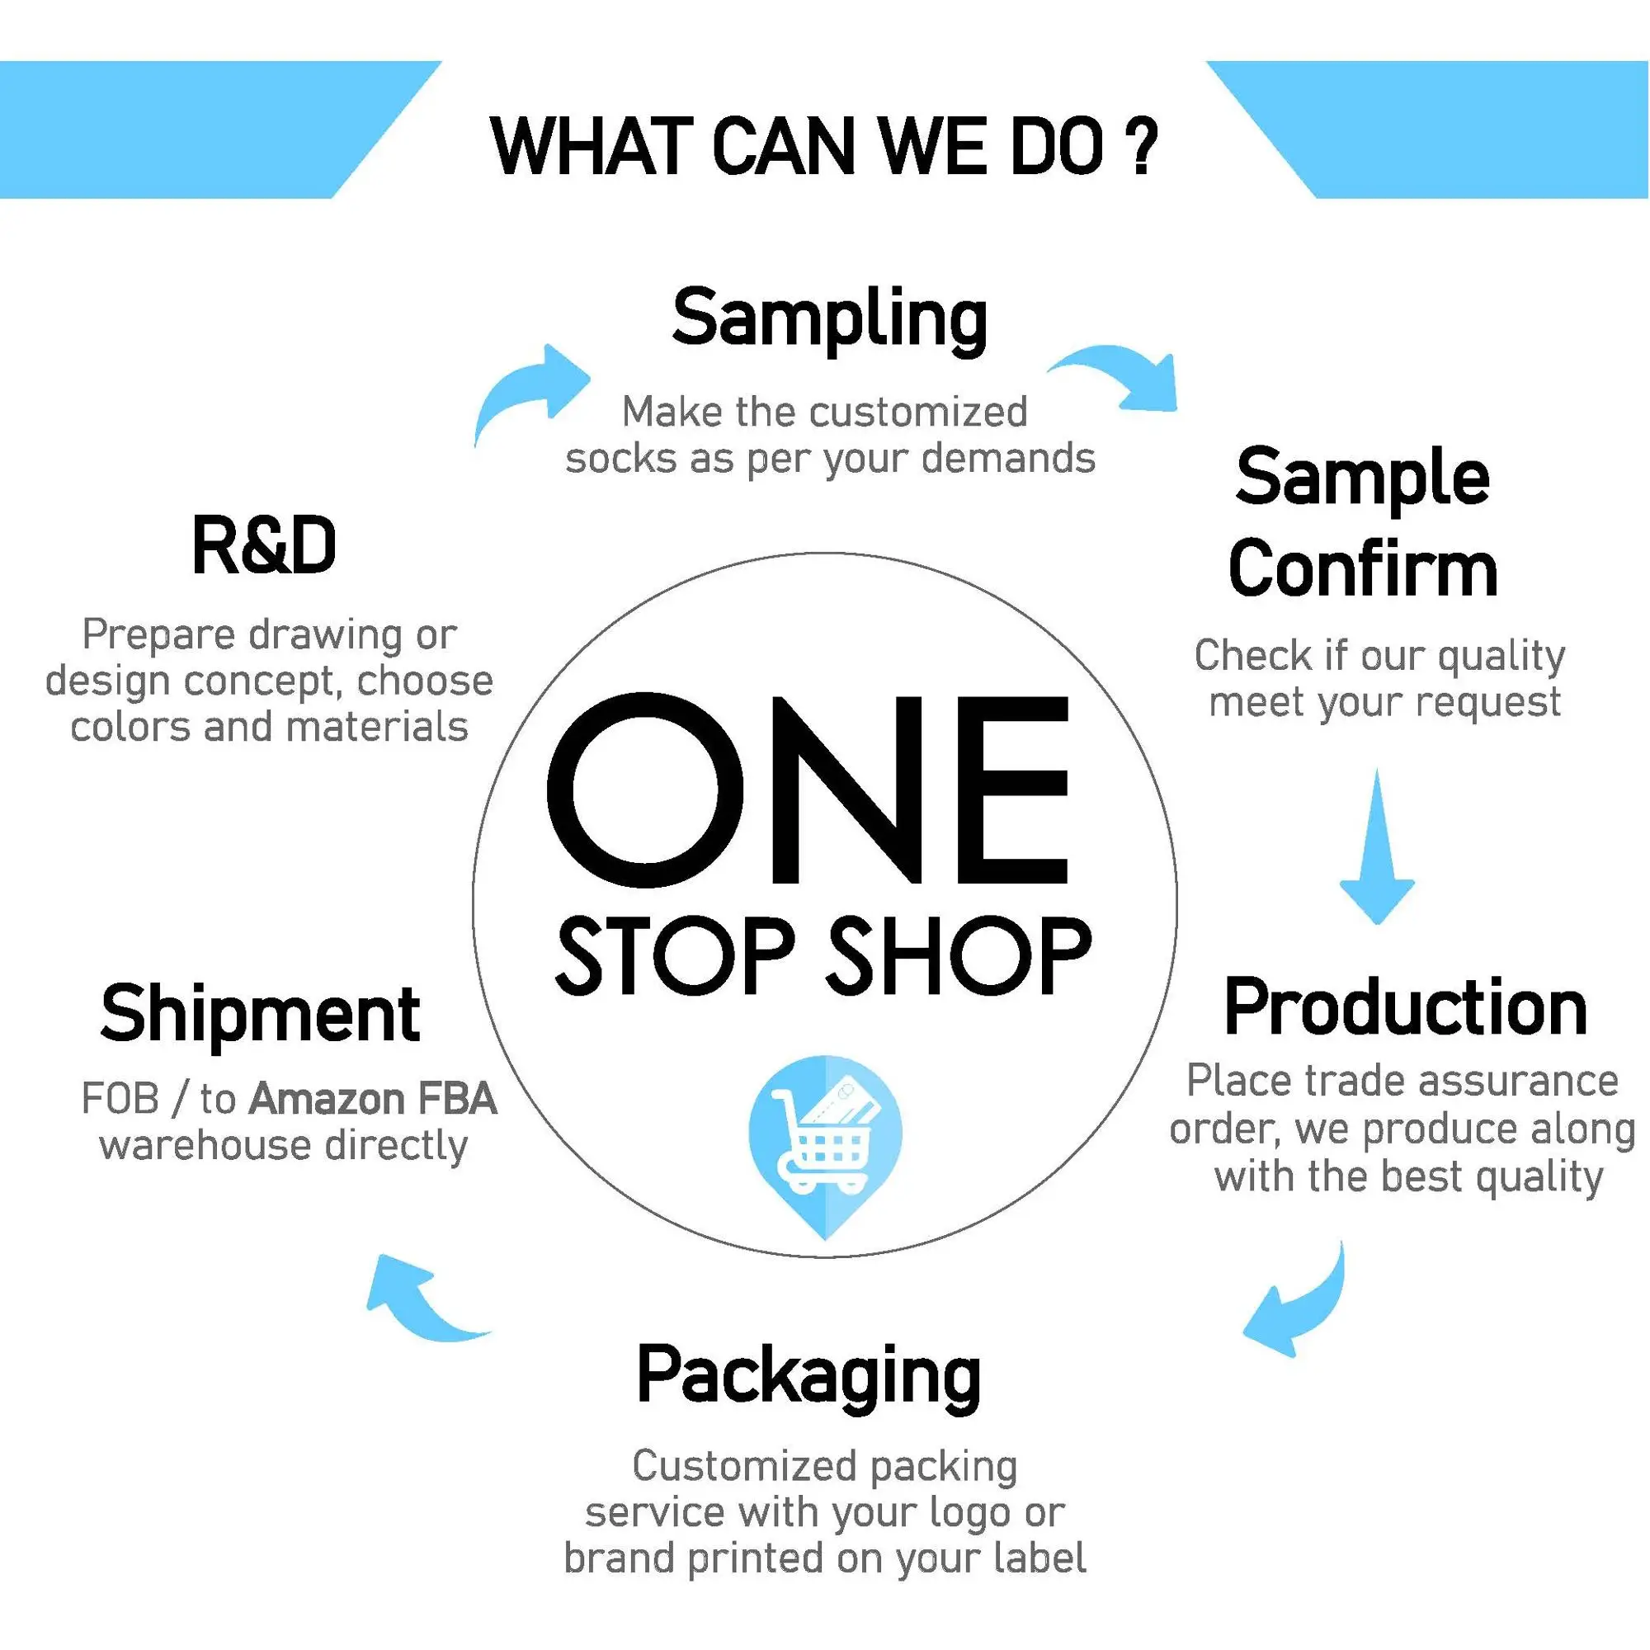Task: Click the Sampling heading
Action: (x=829, y=319)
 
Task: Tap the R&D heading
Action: (x=264, y=547)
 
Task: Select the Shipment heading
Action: (x=260, y=1015)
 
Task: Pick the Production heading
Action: (x=1405, y=1009)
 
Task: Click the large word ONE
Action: (x=808, y=790)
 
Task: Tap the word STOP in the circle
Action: (x=675, y=955)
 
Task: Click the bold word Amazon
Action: (x=326, y=1099)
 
